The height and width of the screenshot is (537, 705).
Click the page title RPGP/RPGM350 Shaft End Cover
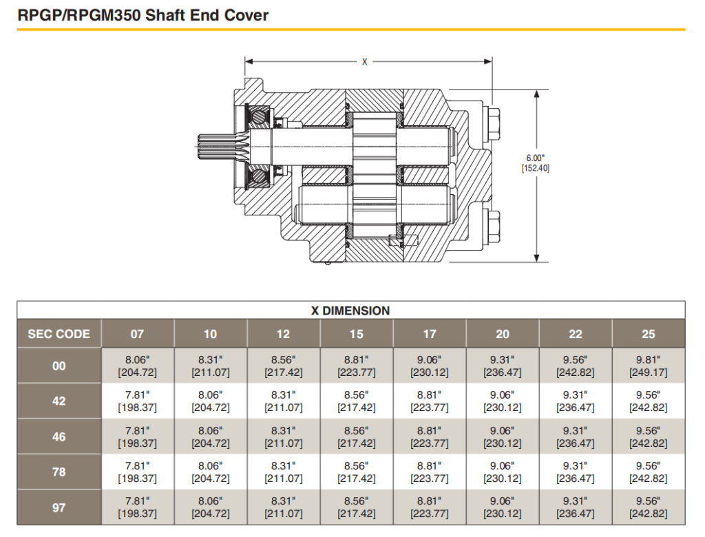143,14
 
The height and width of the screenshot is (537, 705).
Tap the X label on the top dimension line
365,62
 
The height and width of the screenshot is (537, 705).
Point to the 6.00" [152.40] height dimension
536,162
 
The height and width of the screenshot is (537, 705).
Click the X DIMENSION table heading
351,310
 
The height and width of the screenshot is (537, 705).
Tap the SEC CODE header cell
59,334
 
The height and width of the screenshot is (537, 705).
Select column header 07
137,334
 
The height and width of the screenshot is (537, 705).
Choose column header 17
430,334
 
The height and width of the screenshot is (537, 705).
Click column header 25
649,334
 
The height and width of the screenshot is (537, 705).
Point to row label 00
59,366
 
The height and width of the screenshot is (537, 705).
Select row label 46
59,436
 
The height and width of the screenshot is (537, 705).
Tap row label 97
59,507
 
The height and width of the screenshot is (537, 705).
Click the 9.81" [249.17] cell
649,366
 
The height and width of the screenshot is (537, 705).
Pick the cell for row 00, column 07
137,366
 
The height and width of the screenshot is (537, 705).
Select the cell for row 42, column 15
357,401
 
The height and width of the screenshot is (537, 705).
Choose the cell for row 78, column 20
503,472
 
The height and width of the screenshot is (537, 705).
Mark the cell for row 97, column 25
649,507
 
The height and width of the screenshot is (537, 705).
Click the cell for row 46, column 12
284,436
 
